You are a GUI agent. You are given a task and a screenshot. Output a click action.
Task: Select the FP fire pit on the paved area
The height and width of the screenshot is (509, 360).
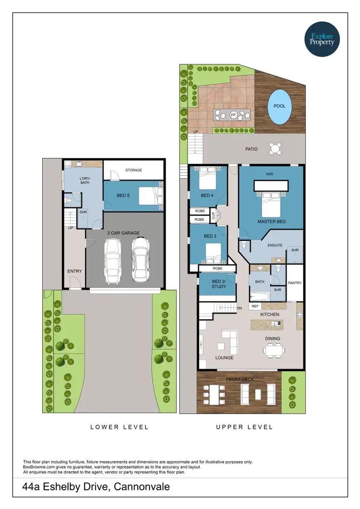click(233, 115)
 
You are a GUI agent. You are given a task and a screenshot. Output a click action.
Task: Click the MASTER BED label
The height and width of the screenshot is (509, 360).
click(272, 221)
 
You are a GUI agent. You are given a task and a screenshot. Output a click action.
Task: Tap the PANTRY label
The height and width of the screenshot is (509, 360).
click(295, 283)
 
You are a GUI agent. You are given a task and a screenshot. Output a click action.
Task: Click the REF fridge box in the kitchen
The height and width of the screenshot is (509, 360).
click(255, 306)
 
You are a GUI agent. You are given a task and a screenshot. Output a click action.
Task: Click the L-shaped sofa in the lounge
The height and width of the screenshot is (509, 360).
click(230, 340)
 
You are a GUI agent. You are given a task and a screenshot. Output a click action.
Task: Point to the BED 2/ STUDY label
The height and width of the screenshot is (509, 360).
click(218, 284)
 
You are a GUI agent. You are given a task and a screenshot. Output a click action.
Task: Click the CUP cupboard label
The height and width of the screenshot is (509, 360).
click(213, 216)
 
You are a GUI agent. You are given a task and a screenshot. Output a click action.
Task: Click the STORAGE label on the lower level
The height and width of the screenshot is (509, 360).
click(134, 170)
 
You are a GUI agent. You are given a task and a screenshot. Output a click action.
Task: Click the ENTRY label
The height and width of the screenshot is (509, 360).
click(74, 271)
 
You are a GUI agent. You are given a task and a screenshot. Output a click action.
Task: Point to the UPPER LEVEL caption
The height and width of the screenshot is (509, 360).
click(244, 427)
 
